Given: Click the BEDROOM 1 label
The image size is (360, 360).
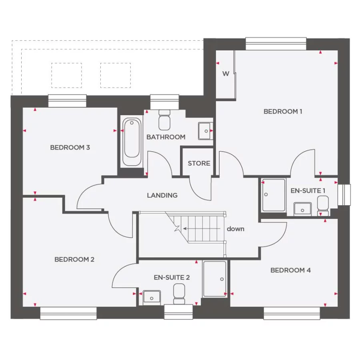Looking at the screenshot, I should pos(282,112).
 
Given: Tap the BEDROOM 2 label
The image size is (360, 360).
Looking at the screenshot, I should pos(74,260).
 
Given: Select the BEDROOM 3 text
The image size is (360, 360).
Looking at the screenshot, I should pos(70,148).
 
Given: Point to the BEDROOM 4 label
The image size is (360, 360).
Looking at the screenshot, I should pos(290,270).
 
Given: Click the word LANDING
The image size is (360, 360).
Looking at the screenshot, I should pos(162,196).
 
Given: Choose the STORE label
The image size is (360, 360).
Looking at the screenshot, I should pos(199,163).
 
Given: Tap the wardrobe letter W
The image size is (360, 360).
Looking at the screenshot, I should pos(226,74).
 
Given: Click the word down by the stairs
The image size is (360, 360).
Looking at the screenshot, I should pos(235,229).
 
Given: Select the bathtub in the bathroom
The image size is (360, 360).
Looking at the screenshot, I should pos(132,142).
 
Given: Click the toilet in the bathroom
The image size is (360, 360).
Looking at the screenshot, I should pos(164,120).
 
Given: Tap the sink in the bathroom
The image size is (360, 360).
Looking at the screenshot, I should pos(205,130).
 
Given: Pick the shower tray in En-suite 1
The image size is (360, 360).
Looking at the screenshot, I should pos(274,195).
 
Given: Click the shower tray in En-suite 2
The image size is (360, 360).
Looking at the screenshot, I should pos(215,279).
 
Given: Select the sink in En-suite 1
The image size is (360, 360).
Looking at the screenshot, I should pos(302,208).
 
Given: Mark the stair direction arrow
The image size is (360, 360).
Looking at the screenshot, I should pos(202,229).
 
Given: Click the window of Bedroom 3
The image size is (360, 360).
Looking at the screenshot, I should pos(67,101).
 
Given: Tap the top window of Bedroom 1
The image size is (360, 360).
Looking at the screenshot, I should pos(276,44).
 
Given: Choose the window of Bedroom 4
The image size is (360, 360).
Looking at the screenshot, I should pos(292,313).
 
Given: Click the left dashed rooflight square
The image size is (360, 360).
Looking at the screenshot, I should pos(66,75).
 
